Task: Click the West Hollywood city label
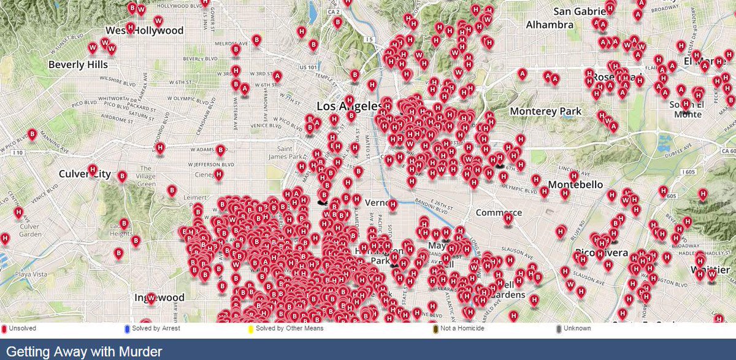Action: (x=145, y=30)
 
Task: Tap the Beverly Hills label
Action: (x=78, y=64)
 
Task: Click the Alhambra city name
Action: (x=550, y=25)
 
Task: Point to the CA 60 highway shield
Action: (x=728, y=151)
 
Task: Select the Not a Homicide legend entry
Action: (x=460, y=328)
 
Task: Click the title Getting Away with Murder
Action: (x=84, y=351)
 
